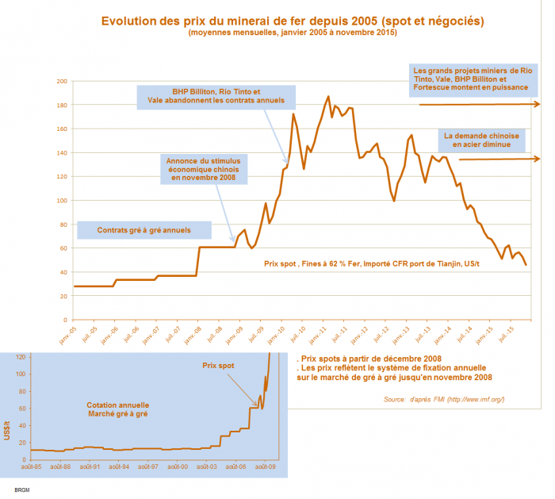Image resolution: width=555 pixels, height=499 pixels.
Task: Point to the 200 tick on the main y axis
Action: [61, 81]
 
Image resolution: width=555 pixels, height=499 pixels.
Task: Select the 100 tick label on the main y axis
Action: [61, 200]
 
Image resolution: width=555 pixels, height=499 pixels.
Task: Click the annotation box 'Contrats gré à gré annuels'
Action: [144, 231]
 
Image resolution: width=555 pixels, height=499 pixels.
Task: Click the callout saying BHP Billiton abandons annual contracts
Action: [216, 97]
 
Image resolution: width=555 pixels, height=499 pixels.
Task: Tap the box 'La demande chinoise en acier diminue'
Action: [481, 140]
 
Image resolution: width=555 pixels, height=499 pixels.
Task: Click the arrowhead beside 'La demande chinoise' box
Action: [537, 159]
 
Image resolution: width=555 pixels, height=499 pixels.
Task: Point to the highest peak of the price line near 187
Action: [328, 97]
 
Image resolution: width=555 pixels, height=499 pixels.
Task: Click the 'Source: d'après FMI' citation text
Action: [443, 398]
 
